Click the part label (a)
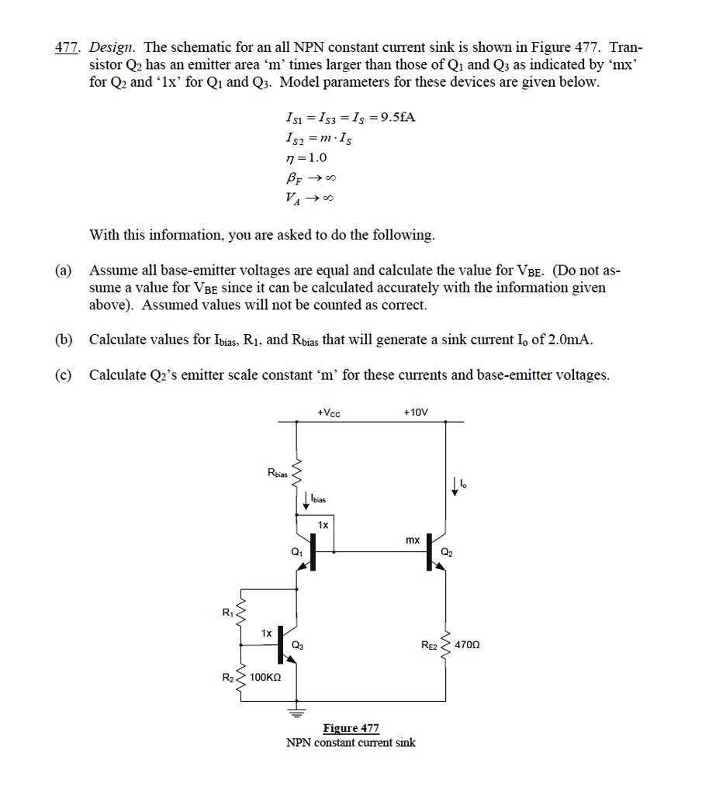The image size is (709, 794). point(63,271)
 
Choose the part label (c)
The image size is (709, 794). point(63,375)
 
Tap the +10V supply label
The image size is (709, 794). point(416,413)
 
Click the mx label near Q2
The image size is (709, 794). point(413,539)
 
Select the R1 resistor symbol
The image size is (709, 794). point(240,616)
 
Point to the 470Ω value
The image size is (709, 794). point(470,644)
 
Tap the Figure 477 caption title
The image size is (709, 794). point(351,728)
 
